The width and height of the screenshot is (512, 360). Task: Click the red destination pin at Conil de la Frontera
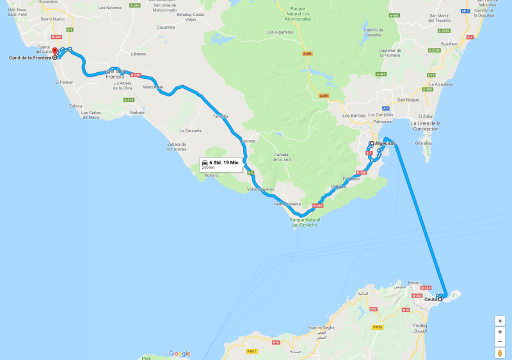pyautogui.click(x=54, y=51)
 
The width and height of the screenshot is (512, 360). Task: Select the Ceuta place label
pyautogui.click(x=431, y=299)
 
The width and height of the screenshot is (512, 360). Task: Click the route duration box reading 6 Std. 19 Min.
pyautogui.click(x=221, y=164)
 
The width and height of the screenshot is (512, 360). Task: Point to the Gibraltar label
pyautogui.click(x=424, y=143)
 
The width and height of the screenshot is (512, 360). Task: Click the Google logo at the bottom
pyautogui.click(x=179, y=354)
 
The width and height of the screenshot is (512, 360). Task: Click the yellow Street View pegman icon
pyautogui.click(x=500, y=353)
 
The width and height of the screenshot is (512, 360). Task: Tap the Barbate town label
pyautogui.click(x=137, y=112)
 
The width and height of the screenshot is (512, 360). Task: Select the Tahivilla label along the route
pyautogui.click(x=220, y=116)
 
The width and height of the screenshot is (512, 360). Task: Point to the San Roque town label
pyautogui.click(x=408, y=100)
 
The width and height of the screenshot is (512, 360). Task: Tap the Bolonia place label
pyautogui.click(x=212, y=175)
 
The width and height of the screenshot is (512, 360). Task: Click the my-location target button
pyautogui.click(x=500, y=320)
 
